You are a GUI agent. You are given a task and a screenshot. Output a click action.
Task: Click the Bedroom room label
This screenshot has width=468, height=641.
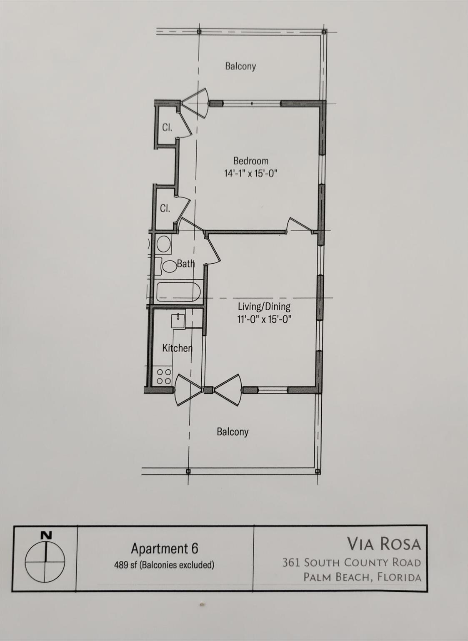[x=250, y=161]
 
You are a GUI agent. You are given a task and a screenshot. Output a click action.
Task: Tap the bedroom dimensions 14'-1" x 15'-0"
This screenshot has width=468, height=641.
[x=250, y=173]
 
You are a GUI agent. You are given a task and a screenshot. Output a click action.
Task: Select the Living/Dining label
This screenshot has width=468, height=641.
[x=264, y=306]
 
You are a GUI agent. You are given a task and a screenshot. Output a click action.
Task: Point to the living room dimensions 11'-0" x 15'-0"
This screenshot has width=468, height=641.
[x=264, y=319]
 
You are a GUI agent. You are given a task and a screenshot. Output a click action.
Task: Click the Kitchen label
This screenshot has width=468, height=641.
[x=177, y=348]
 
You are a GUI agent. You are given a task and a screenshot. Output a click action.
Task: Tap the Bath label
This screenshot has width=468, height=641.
[x=185, y=263]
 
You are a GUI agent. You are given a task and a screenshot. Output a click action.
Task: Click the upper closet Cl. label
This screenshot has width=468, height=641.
[x=167, y=128]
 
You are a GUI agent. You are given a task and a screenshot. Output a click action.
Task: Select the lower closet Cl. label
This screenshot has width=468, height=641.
[x=165, y=208]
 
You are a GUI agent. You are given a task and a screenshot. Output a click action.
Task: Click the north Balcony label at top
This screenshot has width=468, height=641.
[x=240, y=66]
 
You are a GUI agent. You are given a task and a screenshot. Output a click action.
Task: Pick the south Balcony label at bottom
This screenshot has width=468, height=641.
[x=233, y=432]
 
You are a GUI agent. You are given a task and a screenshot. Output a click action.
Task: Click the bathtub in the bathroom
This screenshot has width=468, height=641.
[x=178, y=292]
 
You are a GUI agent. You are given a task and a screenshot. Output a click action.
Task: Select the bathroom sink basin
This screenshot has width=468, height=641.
[x=163, y=244]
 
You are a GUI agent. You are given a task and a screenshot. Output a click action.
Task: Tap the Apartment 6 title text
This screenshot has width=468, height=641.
[x=164, y=548]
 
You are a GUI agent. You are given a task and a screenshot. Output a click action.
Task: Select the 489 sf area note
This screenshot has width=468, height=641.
[x=164, y=565]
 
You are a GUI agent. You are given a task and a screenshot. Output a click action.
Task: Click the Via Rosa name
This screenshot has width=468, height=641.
[x=384, y=544]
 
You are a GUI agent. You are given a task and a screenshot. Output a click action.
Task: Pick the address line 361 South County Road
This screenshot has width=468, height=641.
[x=351, y=563]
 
